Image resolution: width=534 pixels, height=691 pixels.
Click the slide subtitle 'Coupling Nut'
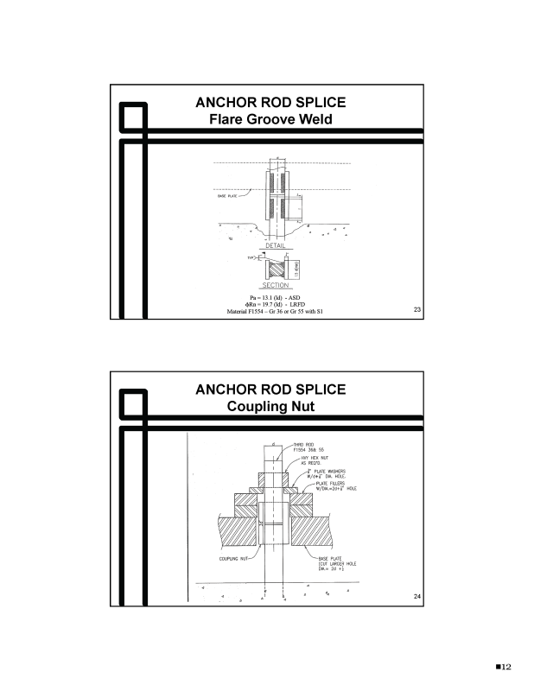pos(270,406)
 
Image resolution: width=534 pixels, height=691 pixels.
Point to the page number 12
pos(505,666)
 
